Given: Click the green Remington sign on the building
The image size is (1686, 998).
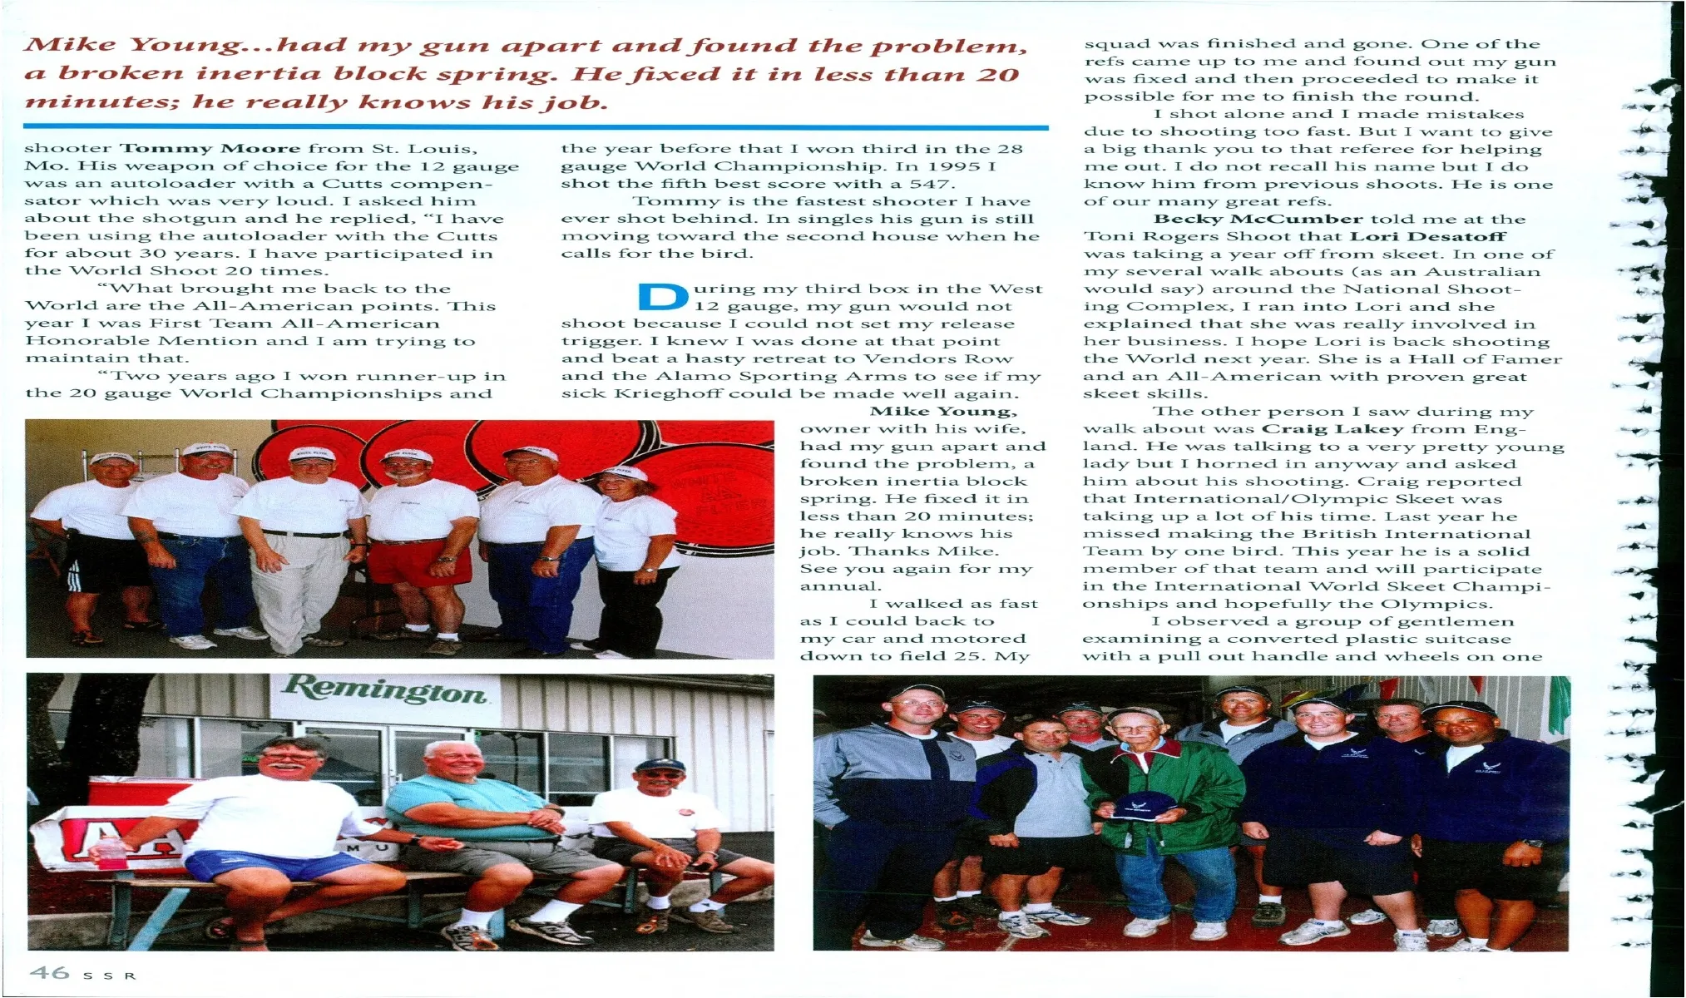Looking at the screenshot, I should pyautogui.click(x=385, y=689).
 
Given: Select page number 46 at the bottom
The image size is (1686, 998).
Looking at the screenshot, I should pyautogui.click(x=49, y=972).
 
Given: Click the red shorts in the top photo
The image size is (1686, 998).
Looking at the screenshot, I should pyautogui.click(x=418, y=561).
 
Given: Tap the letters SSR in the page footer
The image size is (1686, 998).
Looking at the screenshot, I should pyautogui.click(x=107, y=976).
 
